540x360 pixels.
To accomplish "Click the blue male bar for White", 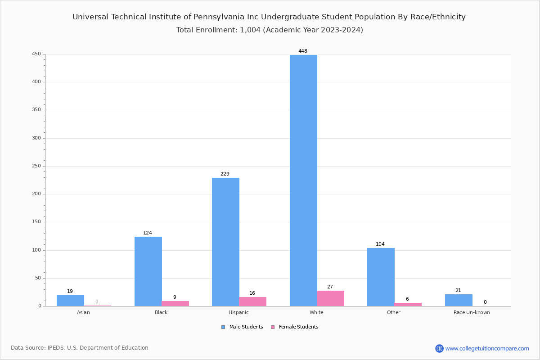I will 303,180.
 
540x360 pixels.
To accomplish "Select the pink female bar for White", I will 330,298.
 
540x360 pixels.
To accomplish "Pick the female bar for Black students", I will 175,303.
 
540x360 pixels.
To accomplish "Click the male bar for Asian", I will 70,301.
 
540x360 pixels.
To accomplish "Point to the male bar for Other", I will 381,277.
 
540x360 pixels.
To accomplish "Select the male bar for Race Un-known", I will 459,300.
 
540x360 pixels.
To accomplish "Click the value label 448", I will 303,51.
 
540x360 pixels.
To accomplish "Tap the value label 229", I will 225,174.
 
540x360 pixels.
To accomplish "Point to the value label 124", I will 148,233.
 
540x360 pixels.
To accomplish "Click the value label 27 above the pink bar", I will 330,287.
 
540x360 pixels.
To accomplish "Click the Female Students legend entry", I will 295,327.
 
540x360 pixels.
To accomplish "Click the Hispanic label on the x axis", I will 238,312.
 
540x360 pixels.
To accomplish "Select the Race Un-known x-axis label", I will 472,312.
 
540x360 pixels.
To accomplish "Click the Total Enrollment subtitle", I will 270,30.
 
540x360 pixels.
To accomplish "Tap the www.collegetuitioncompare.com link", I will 487,348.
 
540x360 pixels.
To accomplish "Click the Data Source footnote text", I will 80,348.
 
